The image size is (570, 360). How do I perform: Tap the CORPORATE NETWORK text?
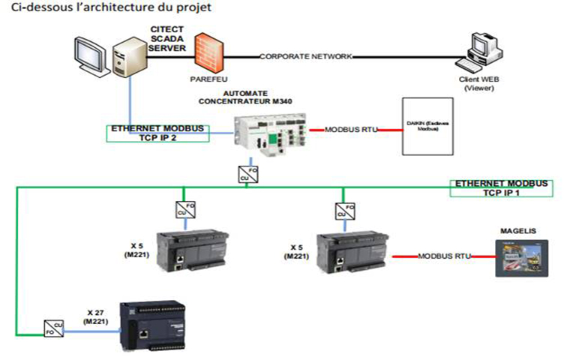305,57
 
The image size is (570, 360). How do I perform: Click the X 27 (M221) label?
89,316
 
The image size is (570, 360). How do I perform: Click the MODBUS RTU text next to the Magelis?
445,256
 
